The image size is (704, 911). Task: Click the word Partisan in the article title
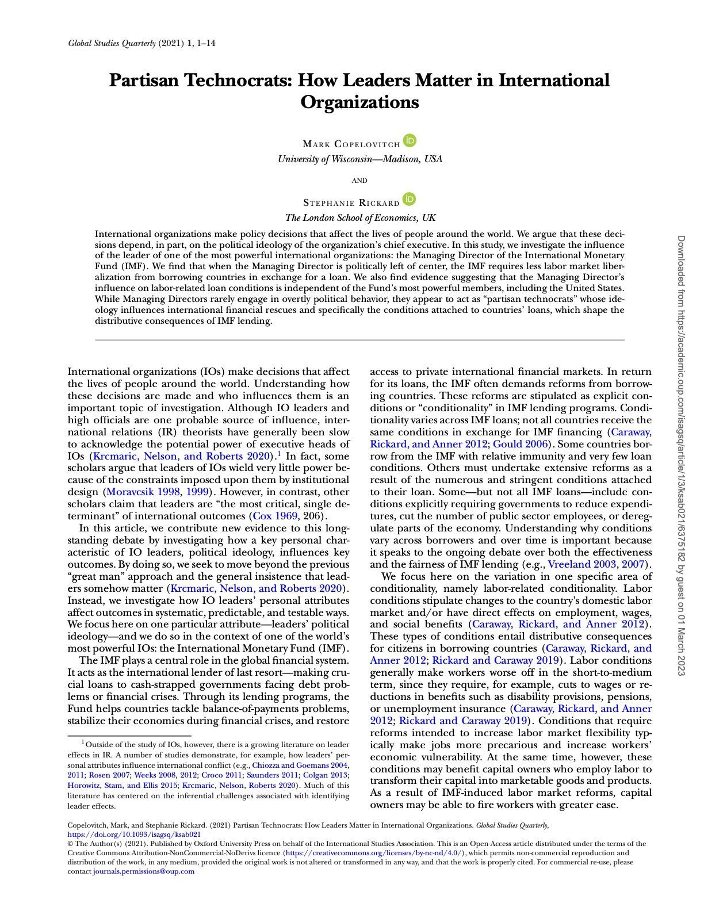144,80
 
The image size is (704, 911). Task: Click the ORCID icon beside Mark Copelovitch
410,140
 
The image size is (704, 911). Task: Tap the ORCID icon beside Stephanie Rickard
409,199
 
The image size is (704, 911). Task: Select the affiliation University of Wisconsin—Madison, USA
360,159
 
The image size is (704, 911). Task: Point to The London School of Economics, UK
360,218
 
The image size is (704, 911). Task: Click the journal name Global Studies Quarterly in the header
112,43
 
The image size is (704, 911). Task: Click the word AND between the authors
359,181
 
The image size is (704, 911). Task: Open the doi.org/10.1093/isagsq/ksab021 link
134,834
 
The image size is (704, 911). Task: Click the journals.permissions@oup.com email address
144,871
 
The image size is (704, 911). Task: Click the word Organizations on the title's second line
359,102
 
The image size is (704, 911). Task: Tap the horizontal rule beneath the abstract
359,340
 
